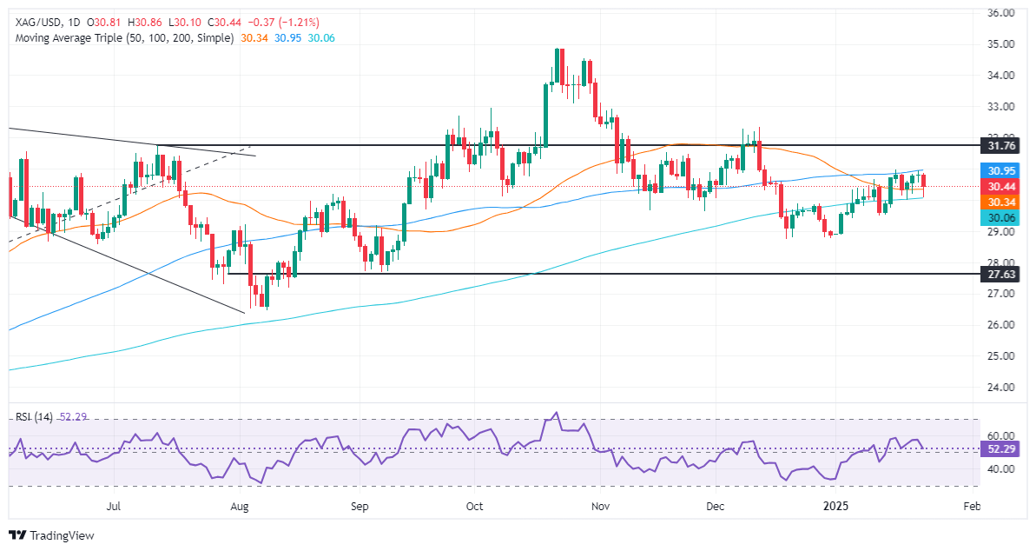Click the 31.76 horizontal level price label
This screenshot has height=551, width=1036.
click(996, 145)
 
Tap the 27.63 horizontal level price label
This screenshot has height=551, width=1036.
click(996, 274)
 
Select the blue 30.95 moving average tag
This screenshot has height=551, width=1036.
click(996, 171)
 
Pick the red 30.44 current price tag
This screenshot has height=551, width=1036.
click(996, 186)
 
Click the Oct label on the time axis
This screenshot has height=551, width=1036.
click(473, 505)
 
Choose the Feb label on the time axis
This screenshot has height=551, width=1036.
click(973, 505)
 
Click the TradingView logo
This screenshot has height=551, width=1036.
click(51, 535)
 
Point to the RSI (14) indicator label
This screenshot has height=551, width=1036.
click(34, 417)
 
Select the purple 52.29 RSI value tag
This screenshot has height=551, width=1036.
click(996, 449)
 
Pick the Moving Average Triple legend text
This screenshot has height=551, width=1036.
click(122, 39)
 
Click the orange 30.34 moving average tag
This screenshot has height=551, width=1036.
click(996, 202)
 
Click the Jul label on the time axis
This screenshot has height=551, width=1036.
click(114, 505)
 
